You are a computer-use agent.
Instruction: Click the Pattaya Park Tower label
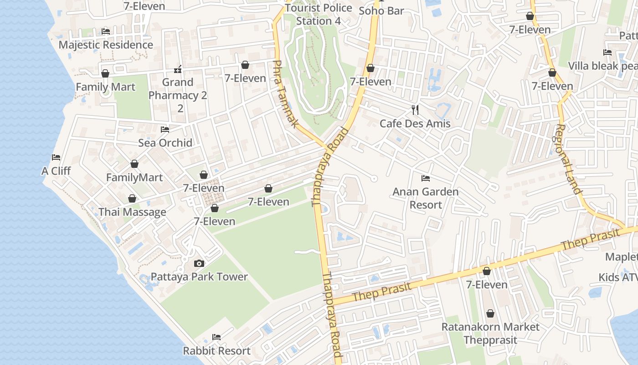(x=199, y=277)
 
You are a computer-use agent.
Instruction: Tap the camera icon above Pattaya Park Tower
(x=199, y=263)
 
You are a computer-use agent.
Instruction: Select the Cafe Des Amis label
(x=415, y=124)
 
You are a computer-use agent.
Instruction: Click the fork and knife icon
(x=415, y=109)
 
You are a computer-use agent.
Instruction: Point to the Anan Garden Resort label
(x=426, y=198)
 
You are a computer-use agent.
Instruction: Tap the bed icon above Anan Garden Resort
(x=426, y=178)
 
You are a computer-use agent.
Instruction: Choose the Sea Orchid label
(x=165, y=143)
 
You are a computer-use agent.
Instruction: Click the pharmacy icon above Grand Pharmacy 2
(x=178, y=69)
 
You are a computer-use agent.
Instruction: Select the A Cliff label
(x=56, y=171)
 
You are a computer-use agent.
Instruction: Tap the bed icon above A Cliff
(x=56, y=157)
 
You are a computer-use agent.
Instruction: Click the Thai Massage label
(x=132, y=212)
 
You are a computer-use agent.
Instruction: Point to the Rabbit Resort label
(x=216, y=351)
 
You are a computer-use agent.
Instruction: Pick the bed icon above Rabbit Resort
(x=216, y=337)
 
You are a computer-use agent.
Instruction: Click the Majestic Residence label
(x=106, y=45)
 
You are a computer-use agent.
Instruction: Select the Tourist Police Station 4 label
(x=319, y=15)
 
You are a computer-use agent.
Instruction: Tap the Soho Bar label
(x=381, y=10)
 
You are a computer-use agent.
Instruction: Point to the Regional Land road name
(x=568, y=159)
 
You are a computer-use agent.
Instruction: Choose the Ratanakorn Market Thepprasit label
(x=490, y=334)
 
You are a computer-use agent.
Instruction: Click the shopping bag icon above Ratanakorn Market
(x=490, y=313)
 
